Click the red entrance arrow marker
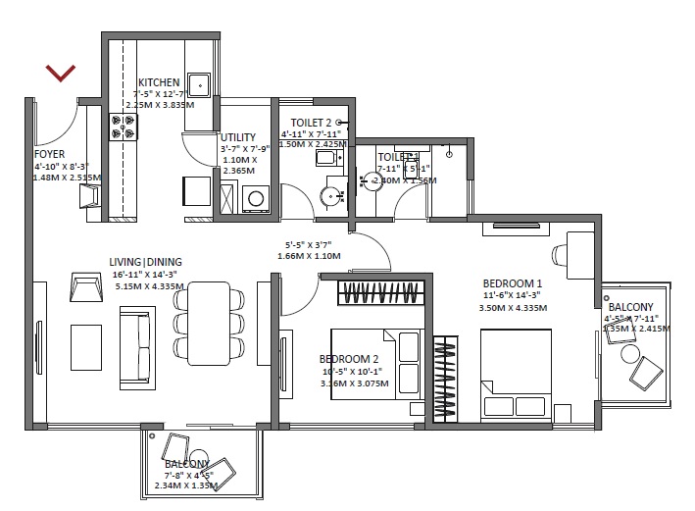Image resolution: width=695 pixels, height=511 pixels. click(61, 73)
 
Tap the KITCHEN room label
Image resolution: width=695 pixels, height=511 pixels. click(159, 82)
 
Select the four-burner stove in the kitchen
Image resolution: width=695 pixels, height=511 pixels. click(124, 126)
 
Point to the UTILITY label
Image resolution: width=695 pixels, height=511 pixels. click(238, 137)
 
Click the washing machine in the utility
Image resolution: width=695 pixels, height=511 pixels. click(257, 198)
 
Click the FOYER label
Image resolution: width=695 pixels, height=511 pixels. click(50, 155)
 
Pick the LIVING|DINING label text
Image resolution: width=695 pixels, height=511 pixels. click(146, 262)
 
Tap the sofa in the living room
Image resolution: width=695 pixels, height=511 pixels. click(130, 346)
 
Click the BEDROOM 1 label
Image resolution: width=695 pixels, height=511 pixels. click(513, 282)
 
